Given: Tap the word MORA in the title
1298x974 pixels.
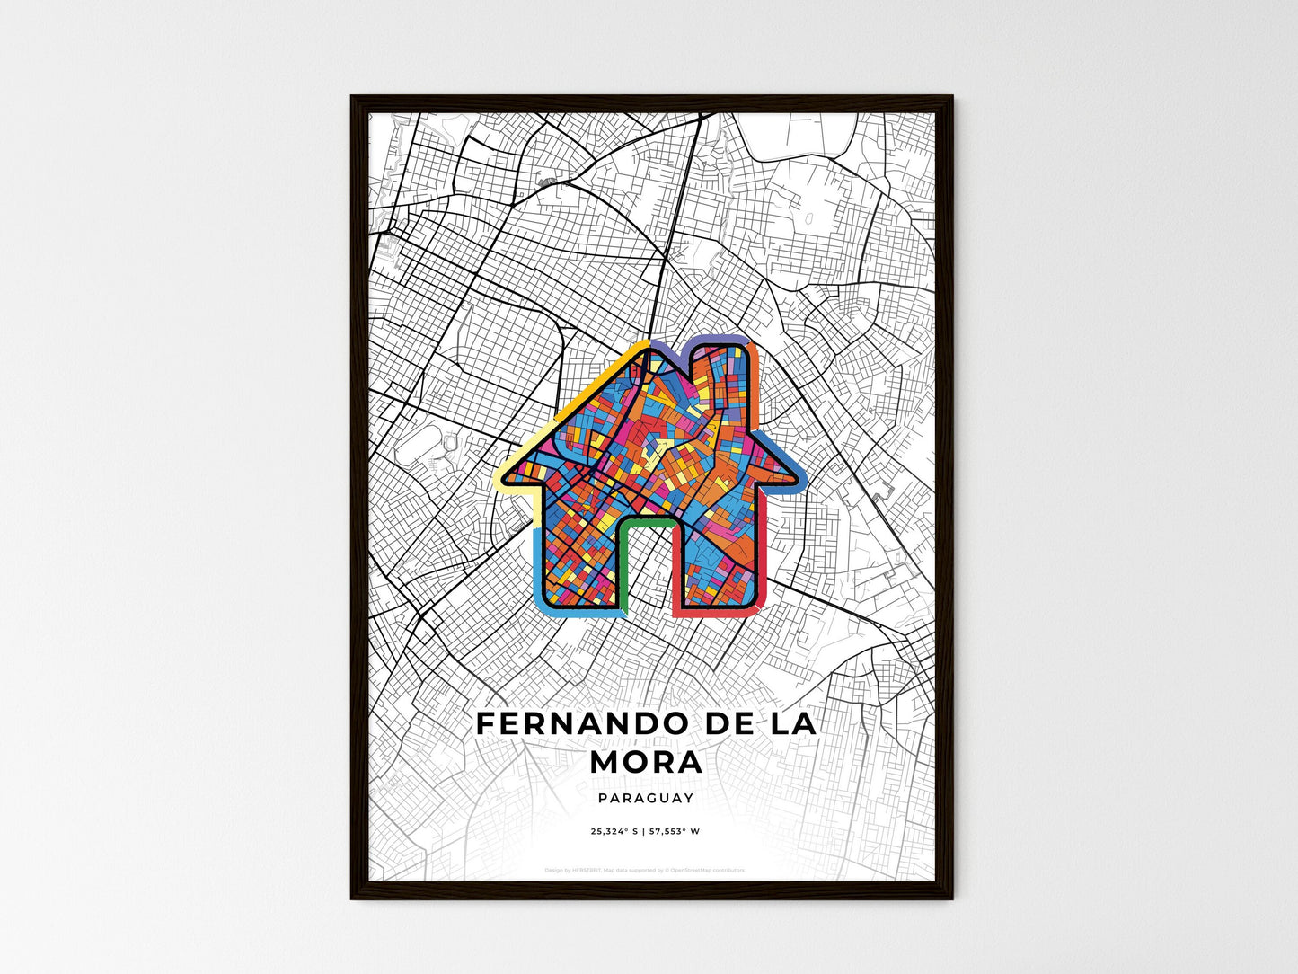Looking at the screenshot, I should (x=647, y=762).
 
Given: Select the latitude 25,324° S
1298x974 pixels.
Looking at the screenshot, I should (x=614, y=832).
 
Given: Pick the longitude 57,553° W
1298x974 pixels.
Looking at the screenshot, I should (x=676, y=832).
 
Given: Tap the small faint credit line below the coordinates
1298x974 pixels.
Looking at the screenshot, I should (x=645, y=871).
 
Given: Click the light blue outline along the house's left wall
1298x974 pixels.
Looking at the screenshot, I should (x=538, y=557).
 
